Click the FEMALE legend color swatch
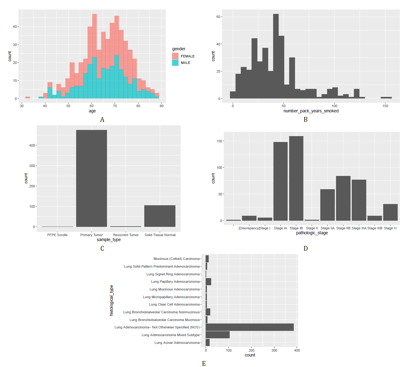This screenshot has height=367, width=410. coord(175,56)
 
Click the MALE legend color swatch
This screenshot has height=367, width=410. coord(175,62)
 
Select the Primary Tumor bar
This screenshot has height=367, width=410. coord(92,178)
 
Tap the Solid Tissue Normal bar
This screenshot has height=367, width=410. coord(160,216)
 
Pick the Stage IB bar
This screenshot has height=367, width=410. coord(296,178)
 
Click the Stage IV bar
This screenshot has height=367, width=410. coord(390,212)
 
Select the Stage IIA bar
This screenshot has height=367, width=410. coord(327,205)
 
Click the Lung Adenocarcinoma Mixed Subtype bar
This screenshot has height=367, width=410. coord(218,335)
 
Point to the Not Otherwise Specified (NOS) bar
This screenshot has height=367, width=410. coord(250,327)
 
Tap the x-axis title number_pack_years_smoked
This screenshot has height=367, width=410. coord(311,111)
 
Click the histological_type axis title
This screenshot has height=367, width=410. coord(112,300)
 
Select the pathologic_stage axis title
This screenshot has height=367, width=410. coord(312,233)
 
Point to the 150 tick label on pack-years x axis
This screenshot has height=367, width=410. coord(385,106)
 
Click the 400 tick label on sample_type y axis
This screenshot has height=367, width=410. coord(32,145)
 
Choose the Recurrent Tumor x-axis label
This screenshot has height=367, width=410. coord(126,235)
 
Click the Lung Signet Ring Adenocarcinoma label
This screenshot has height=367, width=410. coord(173,274)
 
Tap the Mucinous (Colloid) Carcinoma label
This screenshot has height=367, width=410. coord(177,259)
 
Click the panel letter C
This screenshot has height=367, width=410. coord(102,248)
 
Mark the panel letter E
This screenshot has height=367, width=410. coord(204,364)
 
